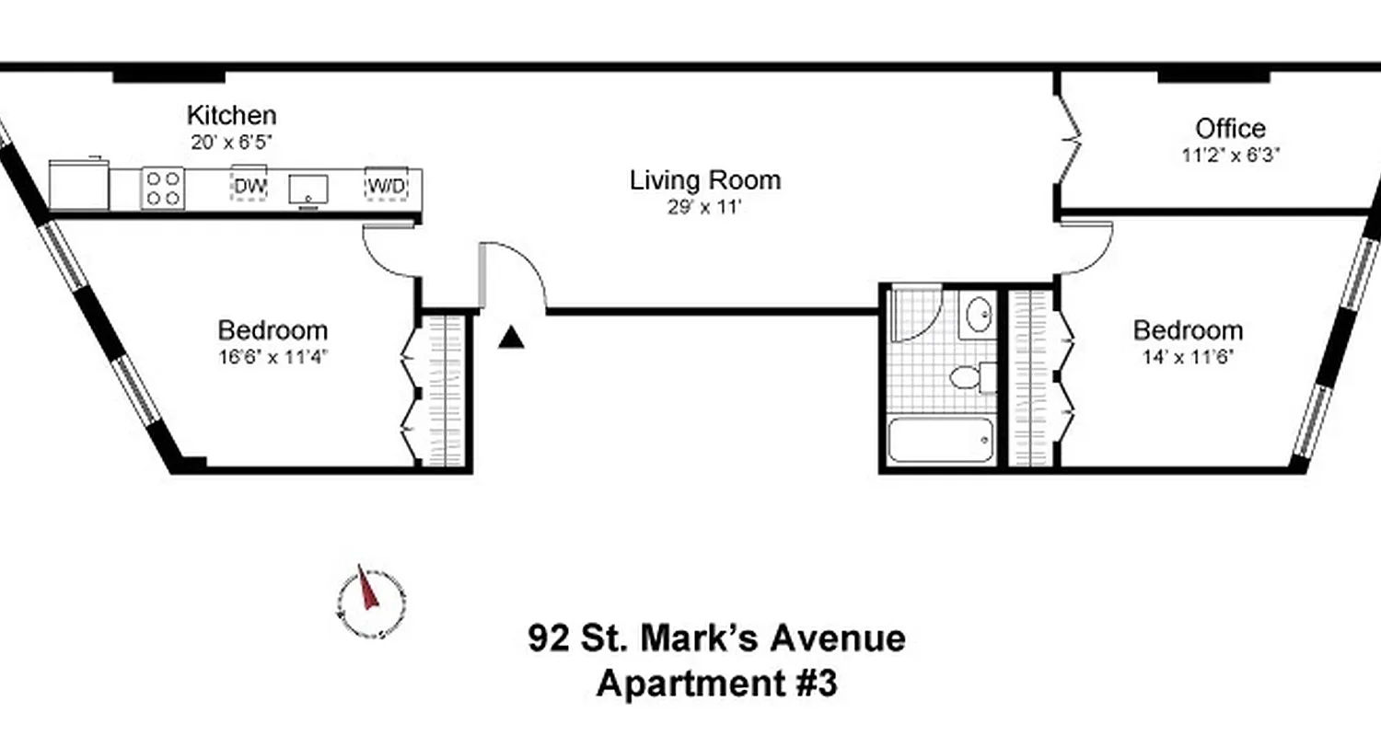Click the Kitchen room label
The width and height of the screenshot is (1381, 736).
click(x=231, y=116)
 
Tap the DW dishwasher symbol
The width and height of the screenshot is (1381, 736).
click(x=249, y=187)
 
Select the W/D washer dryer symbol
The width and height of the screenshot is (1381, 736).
click(x=386, y=187)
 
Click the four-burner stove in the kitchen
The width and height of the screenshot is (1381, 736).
click(x=163, y=188)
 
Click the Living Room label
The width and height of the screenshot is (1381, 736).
click(x=704, y=180)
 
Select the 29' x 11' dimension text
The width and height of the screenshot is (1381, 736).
click(x=704, y=207)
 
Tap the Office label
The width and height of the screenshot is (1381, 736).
click(x=1230, y=129)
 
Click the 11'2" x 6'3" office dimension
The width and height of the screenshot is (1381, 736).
click(x=1231, y=155)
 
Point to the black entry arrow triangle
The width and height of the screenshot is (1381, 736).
click(x=511, y=339)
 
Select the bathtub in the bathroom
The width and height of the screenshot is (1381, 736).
click(x=940, y=441)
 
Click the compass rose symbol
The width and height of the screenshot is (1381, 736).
click(x=369, y=602)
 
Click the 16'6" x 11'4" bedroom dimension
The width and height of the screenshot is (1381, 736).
click(x=273, y=356)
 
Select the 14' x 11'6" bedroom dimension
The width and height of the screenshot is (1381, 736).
click(x=1187, y=356)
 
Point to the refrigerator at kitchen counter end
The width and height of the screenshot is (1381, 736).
click(x=78, y=185)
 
